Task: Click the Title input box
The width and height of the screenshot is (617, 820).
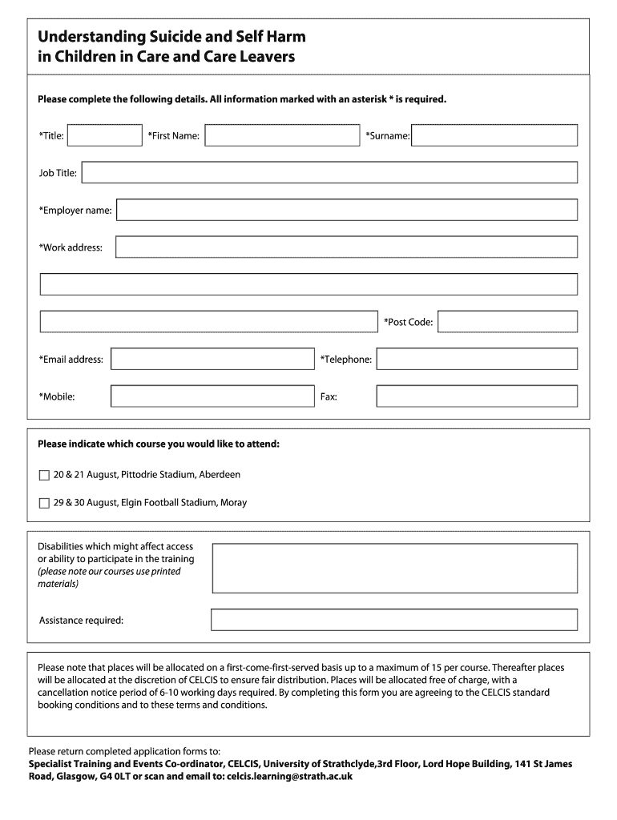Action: click(104, 135)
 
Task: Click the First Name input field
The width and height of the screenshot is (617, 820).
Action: click(282, 135)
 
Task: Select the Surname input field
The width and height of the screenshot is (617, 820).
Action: click(494, 135)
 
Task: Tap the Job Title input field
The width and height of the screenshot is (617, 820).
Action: click(329, 172)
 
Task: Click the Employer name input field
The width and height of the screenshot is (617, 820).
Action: click(347, 210)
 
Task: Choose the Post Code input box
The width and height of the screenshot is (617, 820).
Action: click(507, 321)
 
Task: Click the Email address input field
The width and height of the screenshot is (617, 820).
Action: click(212, 359)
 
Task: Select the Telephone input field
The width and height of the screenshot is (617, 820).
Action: click(477, 359)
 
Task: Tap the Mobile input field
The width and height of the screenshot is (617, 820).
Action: click(212, 396)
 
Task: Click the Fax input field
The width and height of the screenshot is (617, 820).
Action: click(477, 396)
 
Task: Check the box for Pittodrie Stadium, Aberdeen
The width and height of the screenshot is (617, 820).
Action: click(44, 475)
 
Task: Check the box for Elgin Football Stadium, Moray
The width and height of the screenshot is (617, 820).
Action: click(44, 504)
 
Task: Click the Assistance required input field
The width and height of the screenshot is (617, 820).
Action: click(393, 620)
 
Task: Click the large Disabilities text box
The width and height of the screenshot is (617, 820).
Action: click(393, 568)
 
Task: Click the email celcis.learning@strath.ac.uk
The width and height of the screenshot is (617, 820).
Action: click(289, 776)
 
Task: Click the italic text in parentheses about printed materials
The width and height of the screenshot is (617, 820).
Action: click(110, 577)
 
